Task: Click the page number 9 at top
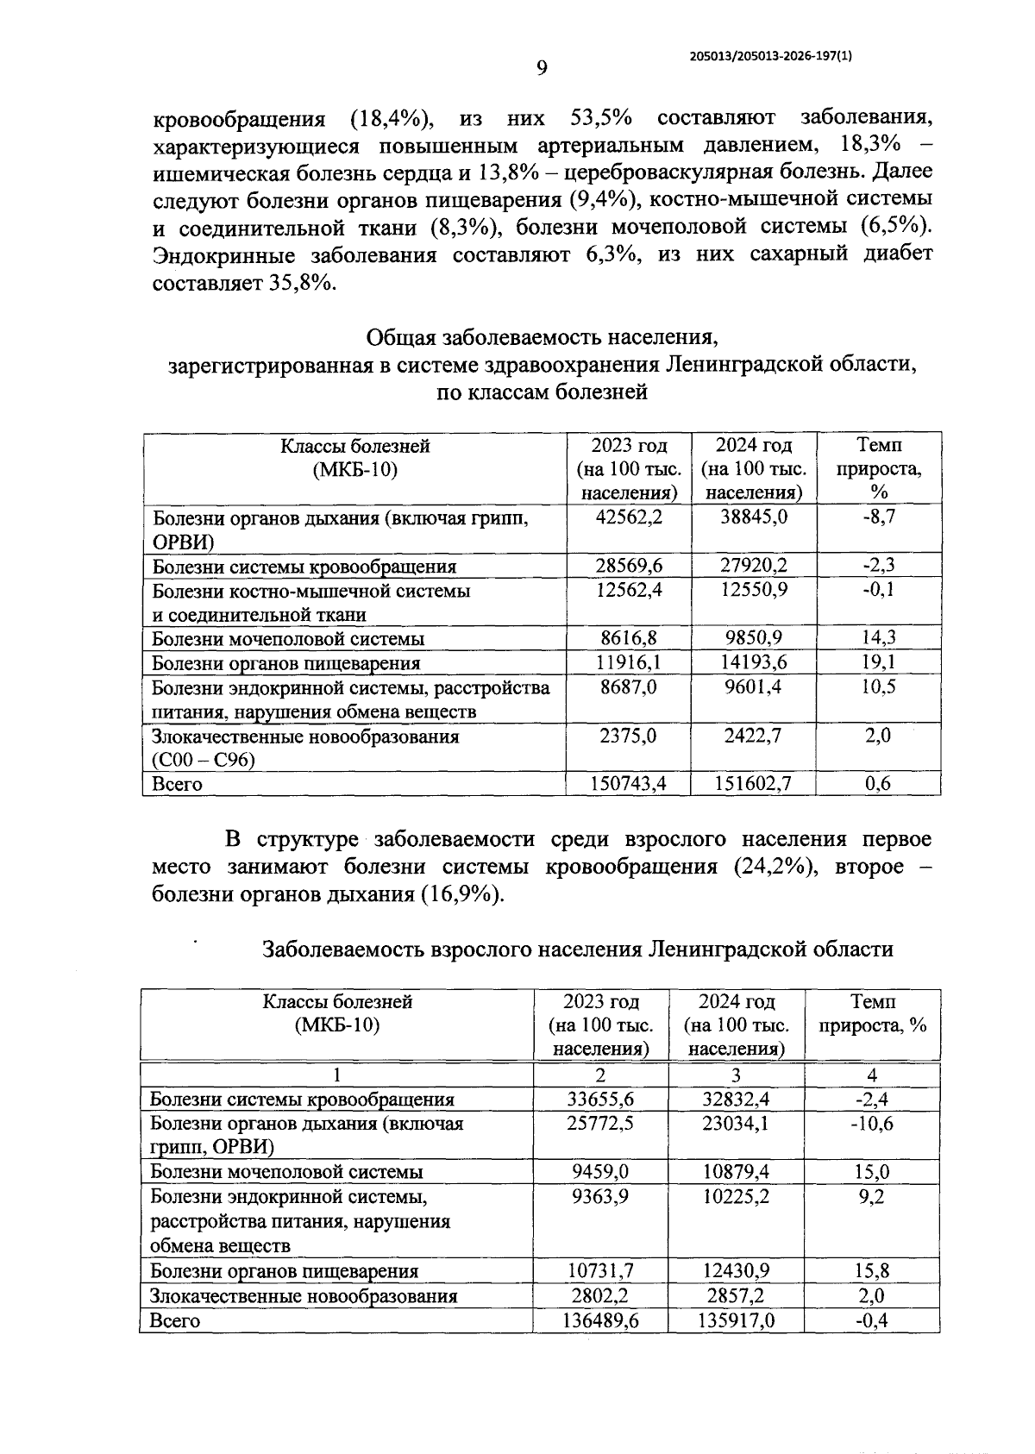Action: tap(542, 68)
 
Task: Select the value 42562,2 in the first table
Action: tap(630, 517)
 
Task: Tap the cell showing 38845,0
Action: tap(754, 517)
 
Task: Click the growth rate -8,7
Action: tap(879, 517)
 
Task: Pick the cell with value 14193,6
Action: tap(754, 662)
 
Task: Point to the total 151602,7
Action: tap(754, 783)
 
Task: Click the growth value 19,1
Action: tap(879, 662)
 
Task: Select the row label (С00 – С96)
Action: tap(204, 760)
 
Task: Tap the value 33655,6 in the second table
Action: tap(600, 1099)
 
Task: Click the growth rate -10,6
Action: tap(872, 1124)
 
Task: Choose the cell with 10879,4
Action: tap(736, 1171)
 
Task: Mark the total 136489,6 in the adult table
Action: tap(600, 1320)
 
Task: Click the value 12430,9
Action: tap(736, 1270)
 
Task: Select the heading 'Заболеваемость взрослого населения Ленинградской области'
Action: tap(577, 949)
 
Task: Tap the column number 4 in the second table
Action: tap(872, 1075)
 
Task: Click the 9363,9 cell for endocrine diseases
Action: tap(600, 1196)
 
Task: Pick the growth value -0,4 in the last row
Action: tap(872, 1320)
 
